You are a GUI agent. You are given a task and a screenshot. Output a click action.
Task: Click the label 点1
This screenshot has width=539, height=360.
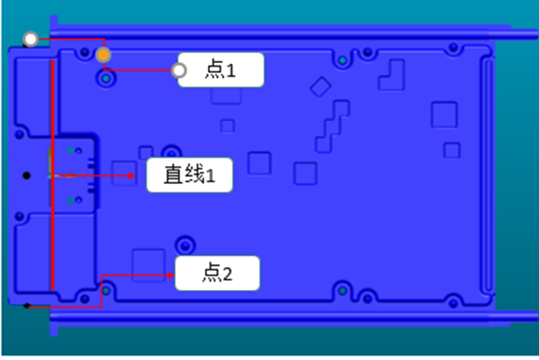(221, 70)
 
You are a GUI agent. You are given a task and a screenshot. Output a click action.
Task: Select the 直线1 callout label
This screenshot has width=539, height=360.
(190, 175)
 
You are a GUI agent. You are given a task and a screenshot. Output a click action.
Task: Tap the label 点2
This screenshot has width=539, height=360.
(218, 273)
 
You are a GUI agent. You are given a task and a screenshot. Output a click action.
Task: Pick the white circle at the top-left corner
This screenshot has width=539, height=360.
(31, 40)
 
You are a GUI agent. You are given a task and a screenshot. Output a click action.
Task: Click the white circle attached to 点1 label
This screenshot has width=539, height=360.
(180, 70)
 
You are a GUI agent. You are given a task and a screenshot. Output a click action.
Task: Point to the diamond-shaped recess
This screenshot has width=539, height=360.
(320, 86)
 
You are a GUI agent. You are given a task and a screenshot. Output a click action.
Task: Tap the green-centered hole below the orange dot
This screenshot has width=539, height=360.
(108, 79)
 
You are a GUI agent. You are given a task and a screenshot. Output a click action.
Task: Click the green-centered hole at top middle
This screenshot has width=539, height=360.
(342, 60)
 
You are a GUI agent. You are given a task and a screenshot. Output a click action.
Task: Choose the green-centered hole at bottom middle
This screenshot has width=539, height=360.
(342, 291)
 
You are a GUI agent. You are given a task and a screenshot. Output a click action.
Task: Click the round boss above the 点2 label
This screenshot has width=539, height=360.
(186, 243)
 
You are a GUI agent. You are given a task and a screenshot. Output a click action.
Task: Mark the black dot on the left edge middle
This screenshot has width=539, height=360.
(26, 174)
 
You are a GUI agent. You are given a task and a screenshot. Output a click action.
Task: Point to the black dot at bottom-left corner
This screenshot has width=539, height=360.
(27, 306)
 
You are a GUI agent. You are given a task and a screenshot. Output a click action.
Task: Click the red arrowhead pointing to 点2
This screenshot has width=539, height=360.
(171, 273)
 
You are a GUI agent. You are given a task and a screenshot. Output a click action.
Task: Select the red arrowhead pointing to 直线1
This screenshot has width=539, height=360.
(141, 175)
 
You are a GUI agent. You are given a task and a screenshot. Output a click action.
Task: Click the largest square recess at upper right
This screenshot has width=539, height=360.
(444, 114)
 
